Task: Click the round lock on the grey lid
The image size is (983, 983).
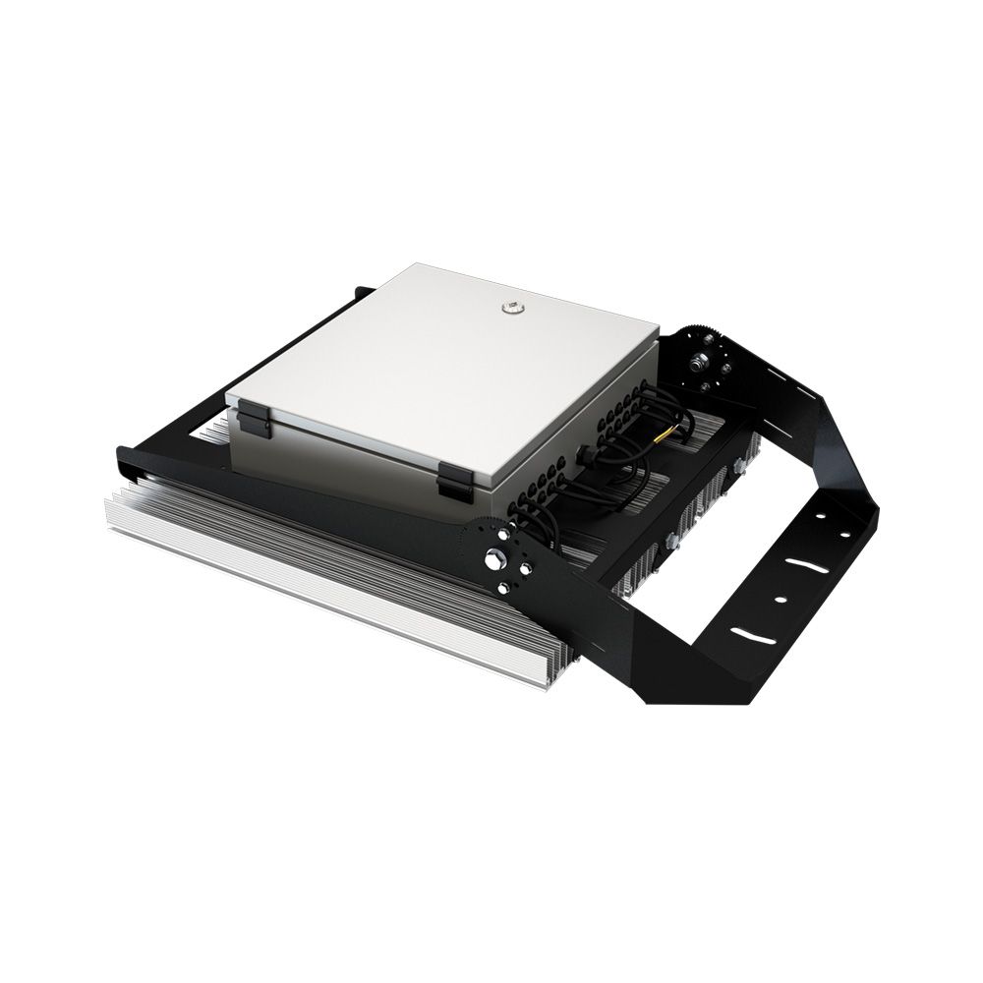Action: click(x=510, y=308)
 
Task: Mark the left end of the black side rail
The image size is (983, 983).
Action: click(x=123, y=456)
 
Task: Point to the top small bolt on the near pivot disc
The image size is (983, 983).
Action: click(x=506, y=536)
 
